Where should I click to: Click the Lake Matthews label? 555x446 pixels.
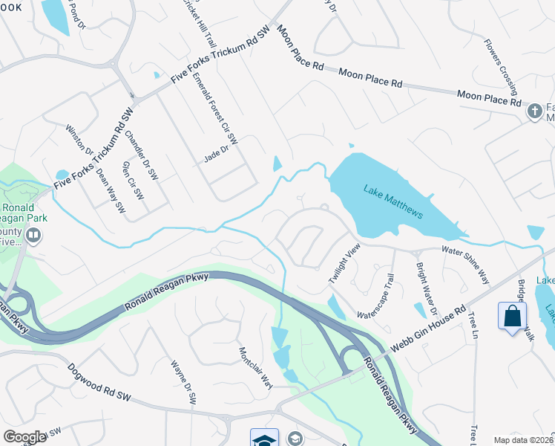pyautogui.click(x=393, y=201)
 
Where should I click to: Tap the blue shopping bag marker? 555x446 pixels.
pyautogui.click(x=512, y=316)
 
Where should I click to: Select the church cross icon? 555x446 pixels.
pyautogui.click(x=533, y=111)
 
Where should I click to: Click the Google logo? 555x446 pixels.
pyautogui.click(x=24, y=437)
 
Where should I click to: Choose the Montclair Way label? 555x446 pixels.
pyautogui.click(x=256, y=367)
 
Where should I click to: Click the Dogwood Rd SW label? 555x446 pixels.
pyautogui.click(x=99, y=383)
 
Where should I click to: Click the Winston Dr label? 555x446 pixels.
pyautogui.click(x=79, y=138)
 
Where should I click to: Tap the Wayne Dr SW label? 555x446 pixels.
pyautogui.click(x=183, y=383)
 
